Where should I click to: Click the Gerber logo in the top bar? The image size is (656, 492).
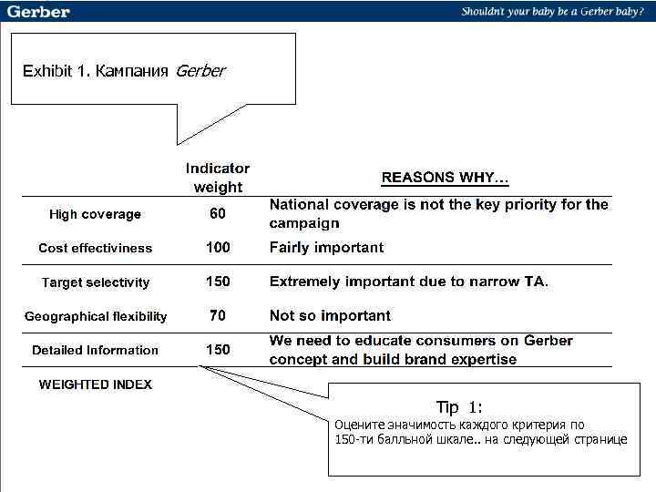pos(38,12)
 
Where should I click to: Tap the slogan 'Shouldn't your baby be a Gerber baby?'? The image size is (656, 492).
pos(552,12)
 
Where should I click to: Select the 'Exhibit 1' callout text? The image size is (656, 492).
pos(123,71)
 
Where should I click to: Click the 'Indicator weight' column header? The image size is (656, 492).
pos(218,178)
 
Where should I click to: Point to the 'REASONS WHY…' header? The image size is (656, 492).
pos(445,177)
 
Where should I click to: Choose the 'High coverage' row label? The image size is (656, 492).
pos(95,214)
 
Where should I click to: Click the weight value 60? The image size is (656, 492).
pos(218,213)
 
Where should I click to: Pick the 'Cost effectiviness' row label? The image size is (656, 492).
pos(95,248)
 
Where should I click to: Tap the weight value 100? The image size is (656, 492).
pos(218,247)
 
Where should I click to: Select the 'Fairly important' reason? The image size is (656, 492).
pos(326,247)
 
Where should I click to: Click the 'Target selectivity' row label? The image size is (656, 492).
pos(96,282)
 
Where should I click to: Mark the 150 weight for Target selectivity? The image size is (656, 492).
pos(218,282)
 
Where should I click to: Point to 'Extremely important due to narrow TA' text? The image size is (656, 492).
pos(408,282)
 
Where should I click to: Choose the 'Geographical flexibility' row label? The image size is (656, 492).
pos(96,316)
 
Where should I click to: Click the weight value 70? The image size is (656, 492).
pos(218,315)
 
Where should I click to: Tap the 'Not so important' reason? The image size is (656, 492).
pos(330,315)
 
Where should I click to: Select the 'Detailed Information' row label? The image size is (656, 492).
pos(95,350)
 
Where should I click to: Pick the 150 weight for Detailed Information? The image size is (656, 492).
pos(218,349)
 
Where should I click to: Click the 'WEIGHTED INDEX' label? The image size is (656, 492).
pos(95,384)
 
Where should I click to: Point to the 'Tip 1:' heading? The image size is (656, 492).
pos(459,407)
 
